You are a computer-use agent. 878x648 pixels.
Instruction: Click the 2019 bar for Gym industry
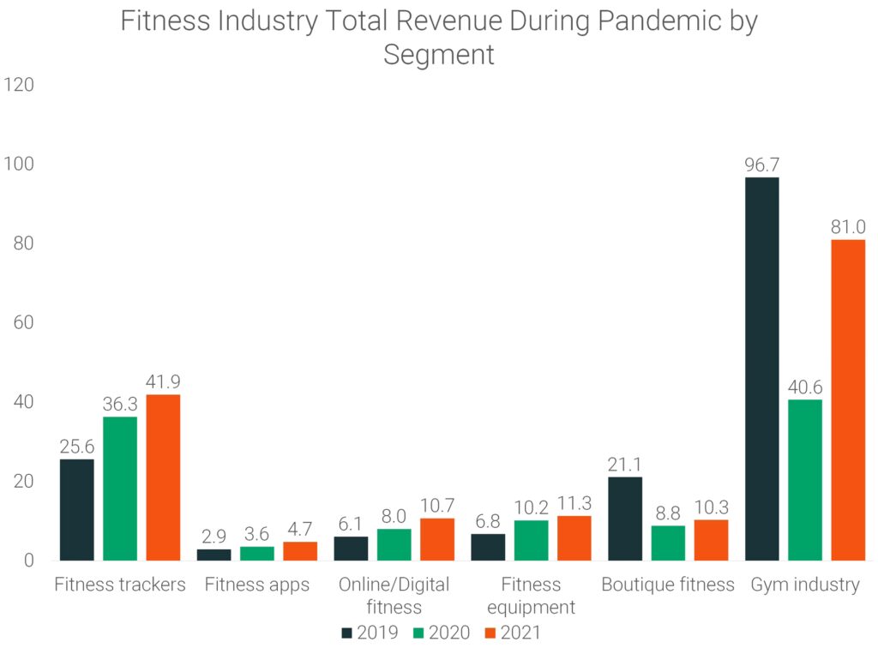pyautogui.click(x=762, y=369)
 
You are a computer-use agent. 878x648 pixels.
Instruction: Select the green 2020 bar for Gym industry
pyautogui.click(x=805, y=480)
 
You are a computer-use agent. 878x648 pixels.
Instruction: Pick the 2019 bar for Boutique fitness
pyautogui.click(x=625, y=519)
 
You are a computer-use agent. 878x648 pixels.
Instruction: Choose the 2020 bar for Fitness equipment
pyautogui.click(x=531, y=540)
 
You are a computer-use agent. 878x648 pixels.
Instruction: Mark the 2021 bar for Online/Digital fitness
pyautogui.click(x=437, y=539)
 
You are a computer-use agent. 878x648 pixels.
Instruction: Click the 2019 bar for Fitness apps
pyautogui.click(x=213, y=555)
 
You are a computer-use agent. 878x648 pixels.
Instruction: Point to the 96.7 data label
pyautogui.click(x=762, y=164)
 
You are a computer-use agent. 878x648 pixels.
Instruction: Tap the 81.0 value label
pyautogui.click(x=848, y=227)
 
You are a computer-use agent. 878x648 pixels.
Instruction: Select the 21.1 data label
pyautogui.click(x=625, y=464)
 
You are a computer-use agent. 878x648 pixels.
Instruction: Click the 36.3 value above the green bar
pyautogui.click(x=120, y=404)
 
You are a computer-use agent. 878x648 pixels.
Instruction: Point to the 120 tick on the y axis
pyautogui.click(x=18, y=85)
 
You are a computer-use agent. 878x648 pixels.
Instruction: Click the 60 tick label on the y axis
pyautogui.click(x=23, y=323)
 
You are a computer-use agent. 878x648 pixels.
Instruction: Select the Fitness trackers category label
pyautogui.click(x=120, y=585)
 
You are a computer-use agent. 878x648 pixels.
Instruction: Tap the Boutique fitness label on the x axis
pyautogui.click(x=668, y=585)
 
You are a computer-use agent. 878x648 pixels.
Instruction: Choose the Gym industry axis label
pyautogui.click(x=805, y=585)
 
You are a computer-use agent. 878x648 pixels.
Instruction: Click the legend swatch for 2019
pyautogui.click(x=346, y=633)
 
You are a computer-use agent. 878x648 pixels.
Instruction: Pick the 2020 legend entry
pyautogui.click(x=441, y=633)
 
